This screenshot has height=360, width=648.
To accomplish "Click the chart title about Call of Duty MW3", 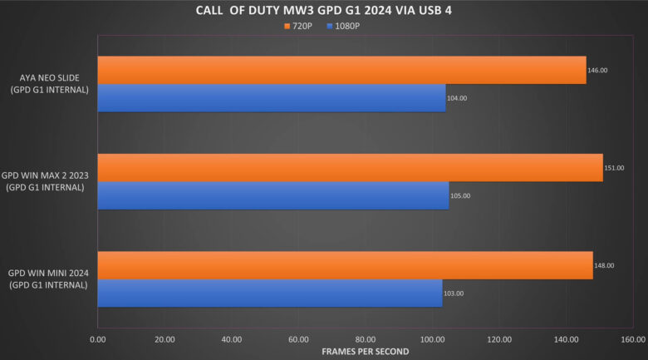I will coord(324,10).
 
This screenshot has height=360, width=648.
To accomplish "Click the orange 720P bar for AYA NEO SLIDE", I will coord(341,70).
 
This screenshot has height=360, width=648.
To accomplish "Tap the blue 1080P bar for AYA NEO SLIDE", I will coord(271,98).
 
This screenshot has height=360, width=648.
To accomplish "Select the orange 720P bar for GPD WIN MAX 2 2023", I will coord(350,167).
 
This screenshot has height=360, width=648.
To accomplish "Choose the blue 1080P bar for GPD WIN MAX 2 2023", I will coord(272,195).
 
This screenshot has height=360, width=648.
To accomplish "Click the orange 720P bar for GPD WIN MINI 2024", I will coord(345,265).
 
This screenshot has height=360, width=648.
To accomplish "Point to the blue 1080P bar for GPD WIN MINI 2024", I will coord(269,293).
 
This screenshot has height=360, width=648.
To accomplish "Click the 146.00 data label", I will coord(597,71).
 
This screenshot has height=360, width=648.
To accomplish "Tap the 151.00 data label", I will coord(614,168).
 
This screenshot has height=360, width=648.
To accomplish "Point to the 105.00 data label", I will coord(460,196).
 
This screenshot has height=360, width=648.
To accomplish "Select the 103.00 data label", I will coord(454,293).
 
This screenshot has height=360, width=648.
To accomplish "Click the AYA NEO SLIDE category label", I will coord(50,84).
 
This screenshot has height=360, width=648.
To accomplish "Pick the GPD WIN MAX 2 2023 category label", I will coord(45,182).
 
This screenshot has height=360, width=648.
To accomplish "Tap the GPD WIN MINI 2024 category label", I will coord(48,279).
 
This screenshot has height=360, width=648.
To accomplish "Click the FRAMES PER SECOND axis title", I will coord(366,351).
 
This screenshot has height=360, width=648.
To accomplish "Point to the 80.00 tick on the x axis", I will coord(366,339).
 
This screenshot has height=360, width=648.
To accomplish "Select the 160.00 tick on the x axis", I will coord(632,339).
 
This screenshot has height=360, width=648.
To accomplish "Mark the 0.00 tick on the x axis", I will coord(98,339).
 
